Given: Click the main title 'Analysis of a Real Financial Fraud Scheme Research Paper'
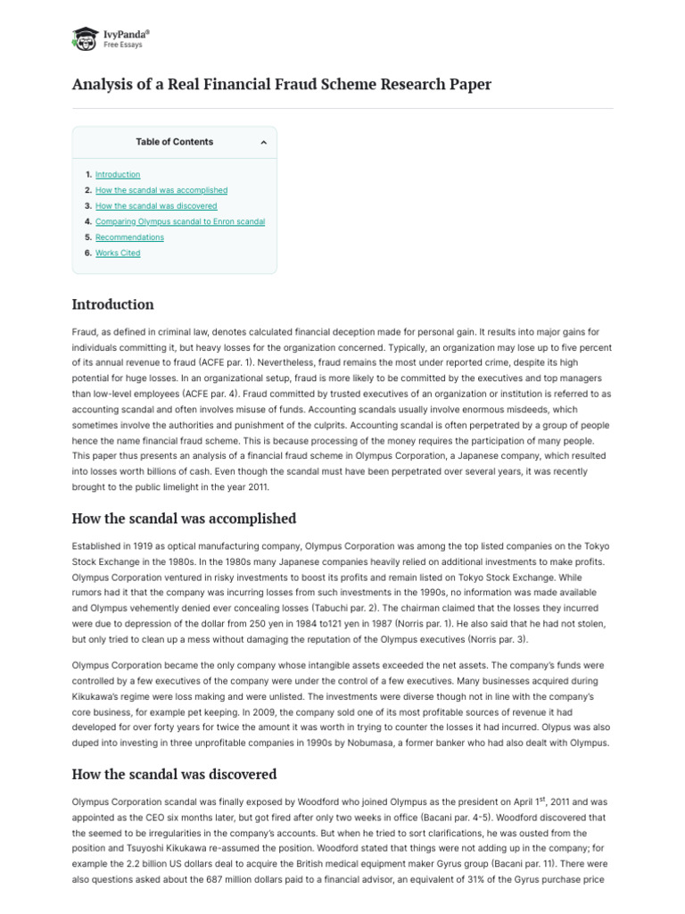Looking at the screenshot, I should [x=281, y=85].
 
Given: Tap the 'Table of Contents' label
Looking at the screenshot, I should [x=174, y=142].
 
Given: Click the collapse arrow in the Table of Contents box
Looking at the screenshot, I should [x=263, y=142].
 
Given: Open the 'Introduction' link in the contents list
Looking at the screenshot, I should [x=118, y=174].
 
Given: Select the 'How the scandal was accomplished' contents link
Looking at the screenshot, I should [x=161, y=190].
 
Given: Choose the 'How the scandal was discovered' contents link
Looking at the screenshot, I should [x=156, y=206].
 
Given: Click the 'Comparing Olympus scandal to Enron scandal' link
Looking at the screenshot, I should [x=180, y=221].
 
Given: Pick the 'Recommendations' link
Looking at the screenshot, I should [x=129, y=237].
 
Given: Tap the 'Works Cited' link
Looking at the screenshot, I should [x=118, y=253].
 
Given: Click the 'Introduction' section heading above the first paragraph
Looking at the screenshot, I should [x=112, y=304].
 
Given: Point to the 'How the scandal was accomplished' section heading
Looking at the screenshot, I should [x=184, y=519].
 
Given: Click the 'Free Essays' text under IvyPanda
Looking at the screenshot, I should [x=124, y=45].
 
